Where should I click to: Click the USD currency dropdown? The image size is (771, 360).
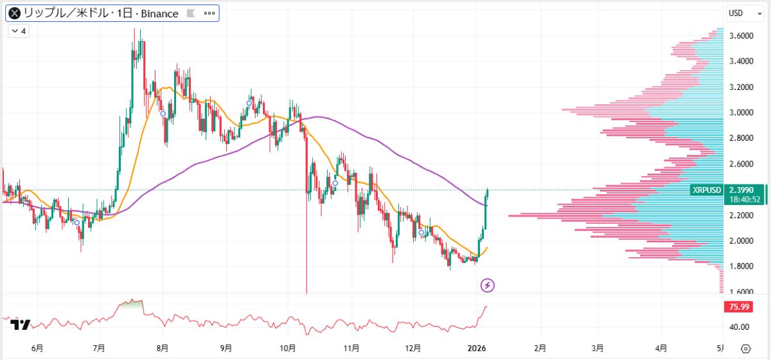point(740,13)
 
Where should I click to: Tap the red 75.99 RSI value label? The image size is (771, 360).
point(737,307)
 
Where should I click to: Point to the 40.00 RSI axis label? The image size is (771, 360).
point(739,327)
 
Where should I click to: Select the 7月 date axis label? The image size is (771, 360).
point(99,348)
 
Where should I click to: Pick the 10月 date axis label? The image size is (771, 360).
point(288,348)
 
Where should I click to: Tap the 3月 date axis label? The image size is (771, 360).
point(598,348)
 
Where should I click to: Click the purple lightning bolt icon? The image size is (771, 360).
point(488,285)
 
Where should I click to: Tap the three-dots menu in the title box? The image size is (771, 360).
point(209,14)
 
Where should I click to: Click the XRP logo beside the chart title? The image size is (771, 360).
point(14,14)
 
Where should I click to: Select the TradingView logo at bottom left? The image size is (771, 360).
point(21,325)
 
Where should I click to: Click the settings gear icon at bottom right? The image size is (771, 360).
point(745,348)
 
